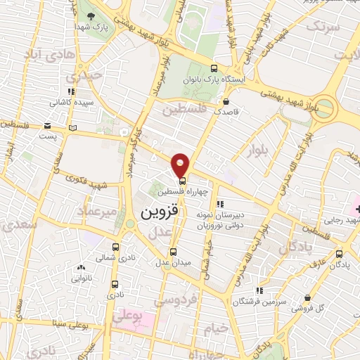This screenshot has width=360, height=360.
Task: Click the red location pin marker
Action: (181, 165)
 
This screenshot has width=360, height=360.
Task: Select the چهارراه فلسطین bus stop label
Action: (163, 191)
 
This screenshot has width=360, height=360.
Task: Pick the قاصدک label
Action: (227, 111)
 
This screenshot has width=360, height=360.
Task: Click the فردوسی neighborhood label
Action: (176, 301)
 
